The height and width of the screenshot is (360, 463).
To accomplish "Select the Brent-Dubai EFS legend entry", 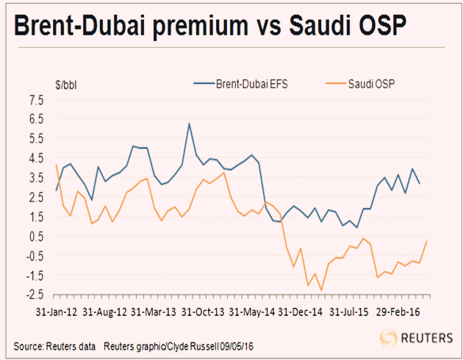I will click(x=243, y=84).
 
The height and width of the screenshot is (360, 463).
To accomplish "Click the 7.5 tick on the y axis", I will click(x=35, y=99).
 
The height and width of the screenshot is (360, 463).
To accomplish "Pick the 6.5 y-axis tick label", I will click(x=35, y=118).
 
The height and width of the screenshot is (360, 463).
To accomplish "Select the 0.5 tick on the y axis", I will click(x=35, y=236).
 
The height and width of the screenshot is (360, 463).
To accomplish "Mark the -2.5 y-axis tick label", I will click(x=34, y=295).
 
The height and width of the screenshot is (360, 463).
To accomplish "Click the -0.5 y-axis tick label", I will click(x=34, y=256).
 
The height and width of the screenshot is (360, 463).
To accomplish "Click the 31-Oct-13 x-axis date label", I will click(x=203, y=312).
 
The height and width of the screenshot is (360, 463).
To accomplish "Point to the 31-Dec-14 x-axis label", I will click(x=298, y=312).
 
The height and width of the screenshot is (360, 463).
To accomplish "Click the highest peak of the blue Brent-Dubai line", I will click(x=190, y=123).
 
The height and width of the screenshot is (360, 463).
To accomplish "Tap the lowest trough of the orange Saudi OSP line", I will click(x=321, y=290).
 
